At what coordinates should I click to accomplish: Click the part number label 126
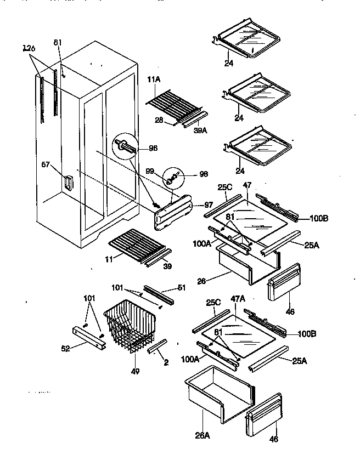click(29, 49)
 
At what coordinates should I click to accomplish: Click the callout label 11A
click(154, 80)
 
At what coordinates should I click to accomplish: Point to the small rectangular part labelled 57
click(67, 183)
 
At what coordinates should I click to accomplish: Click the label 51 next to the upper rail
click(182, 287)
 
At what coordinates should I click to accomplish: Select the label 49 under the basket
click(135, 371)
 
